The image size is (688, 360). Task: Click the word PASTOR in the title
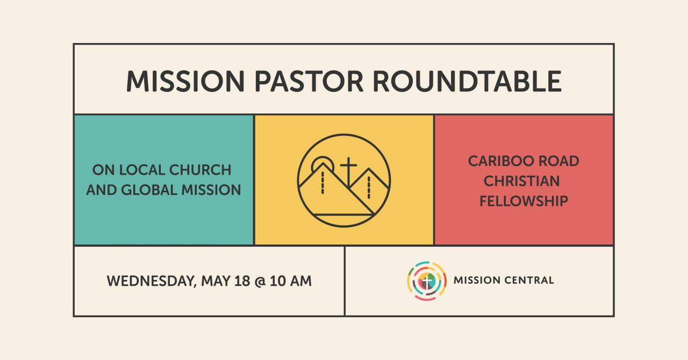(309, 81)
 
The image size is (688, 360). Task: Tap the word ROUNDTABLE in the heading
(467, 81)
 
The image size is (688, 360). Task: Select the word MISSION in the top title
(185, 81)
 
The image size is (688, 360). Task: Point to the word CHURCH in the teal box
(200, 170)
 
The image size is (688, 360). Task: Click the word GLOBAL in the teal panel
(149, 190)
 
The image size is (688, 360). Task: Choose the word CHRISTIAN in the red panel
(521, 181)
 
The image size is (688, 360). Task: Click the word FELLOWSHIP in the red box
(524, 201)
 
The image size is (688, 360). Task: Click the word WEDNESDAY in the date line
(151, 282)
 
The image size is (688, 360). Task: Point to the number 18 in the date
(242, 281)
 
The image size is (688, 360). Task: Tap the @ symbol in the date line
(260, 282)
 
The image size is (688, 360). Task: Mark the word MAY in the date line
(216, 281)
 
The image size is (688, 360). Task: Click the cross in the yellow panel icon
(348, 172)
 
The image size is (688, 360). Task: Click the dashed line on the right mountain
(369, 188)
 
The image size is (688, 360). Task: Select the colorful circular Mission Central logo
(427, 281)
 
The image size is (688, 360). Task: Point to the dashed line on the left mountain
(322, 183)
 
